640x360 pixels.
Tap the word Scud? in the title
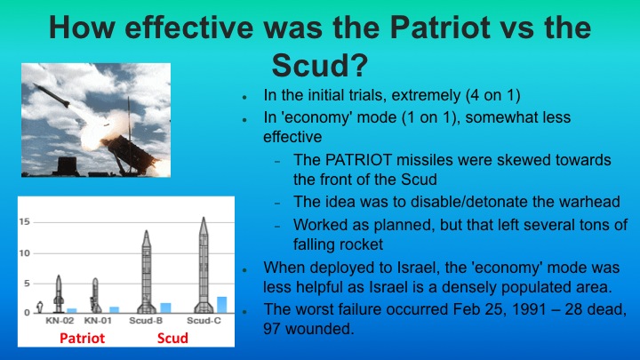coord(320,65)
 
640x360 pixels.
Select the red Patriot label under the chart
coord(81,339)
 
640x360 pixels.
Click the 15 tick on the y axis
coord(27,221)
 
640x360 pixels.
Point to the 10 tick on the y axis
coord(27,253)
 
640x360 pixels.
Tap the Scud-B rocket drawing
coord(146,271)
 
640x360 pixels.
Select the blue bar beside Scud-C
coord(221,304)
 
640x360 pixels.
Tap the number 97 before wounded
coord(275,329)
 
